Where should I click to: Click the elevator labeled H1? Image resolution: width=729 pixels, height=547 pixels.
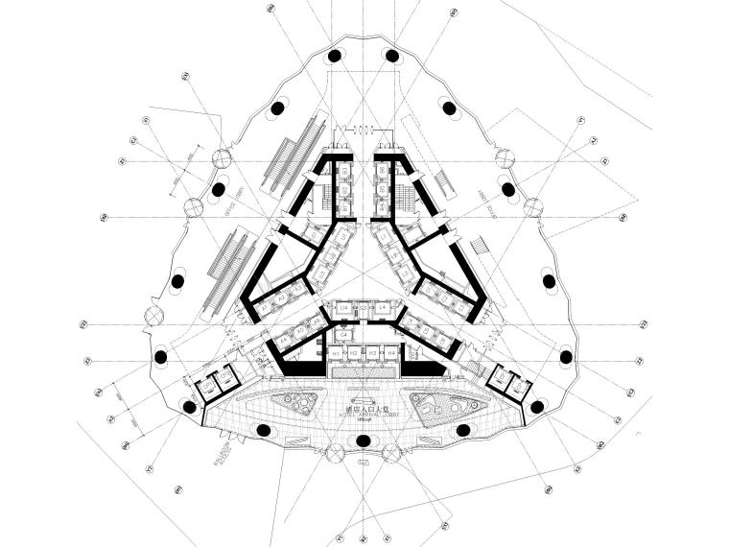tap(336, 353)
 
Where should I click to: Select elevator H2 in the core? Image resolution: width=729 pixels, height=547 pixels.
tap(355, 353)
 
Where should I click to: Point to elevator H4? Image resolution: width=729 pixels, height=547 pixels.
tap(392, 353)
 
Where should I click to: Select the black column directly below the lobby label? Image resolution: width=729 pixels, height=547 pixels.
tap(364, 440)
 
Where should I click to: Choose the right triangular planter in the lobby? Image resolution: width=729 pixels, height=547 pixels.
tap(436, 407)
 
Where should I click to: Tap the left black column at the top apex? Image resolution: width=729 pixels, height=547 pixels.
tap(335, 56)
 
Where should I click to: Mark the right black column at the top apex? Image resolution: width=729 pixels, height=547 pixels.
tap(392, 56)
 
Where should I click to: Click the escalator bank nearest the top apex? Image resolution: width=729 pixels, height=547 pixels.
tap(294, 155)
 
